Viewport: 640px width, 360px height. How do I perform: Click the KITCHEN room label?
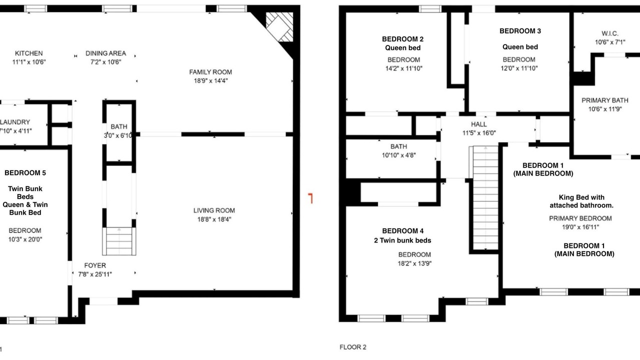[29, 53]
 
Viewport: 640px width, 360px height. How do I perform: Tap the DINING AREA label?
[105, 53]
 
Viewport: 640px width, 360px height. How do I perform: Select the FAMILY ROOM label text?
[210, 72]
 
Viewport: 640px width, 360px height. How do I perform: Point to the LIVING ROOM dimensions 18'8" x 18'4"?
[214, 219]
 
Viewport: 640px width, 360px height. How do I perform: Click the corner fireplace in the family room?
[279, 27]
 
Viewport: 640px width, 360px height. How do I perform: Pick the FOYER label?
[95, 265]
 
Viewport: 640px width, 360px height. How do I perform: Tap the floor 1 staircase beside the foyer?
[119, 241]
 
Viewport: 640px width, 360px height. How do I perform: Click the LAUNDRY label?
[15, 122]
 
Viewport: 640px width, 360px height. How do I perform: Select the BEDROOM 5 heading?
[25, 173]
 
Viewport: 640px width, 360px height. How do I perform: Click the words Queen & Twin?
[25, 204]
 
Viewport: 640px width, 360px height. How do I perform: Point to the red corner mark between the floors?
[310, 198]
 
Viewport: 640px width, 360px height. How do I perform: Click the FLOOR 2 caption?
[353, 347]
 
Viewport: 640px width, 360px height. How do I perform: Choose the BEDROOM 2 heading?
[403, 39]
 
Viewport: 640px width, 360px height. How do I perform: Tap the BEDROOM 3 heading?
[520, 31]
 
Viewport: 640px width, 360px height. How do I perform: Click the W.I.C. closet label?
[610, 33]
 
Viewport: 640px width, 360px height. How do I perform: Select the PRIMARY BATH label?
[605, 100]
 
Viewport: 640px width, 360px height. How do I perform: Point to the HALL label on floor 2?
[479, 124]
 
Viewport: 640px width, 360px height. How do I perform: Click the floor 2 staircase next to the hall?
[485, 197]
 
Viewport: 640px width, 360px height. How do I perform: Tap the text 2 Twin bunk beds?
[402, 240]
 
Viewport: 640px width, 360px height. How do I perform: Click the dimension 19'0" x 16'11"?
[580, 227]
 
